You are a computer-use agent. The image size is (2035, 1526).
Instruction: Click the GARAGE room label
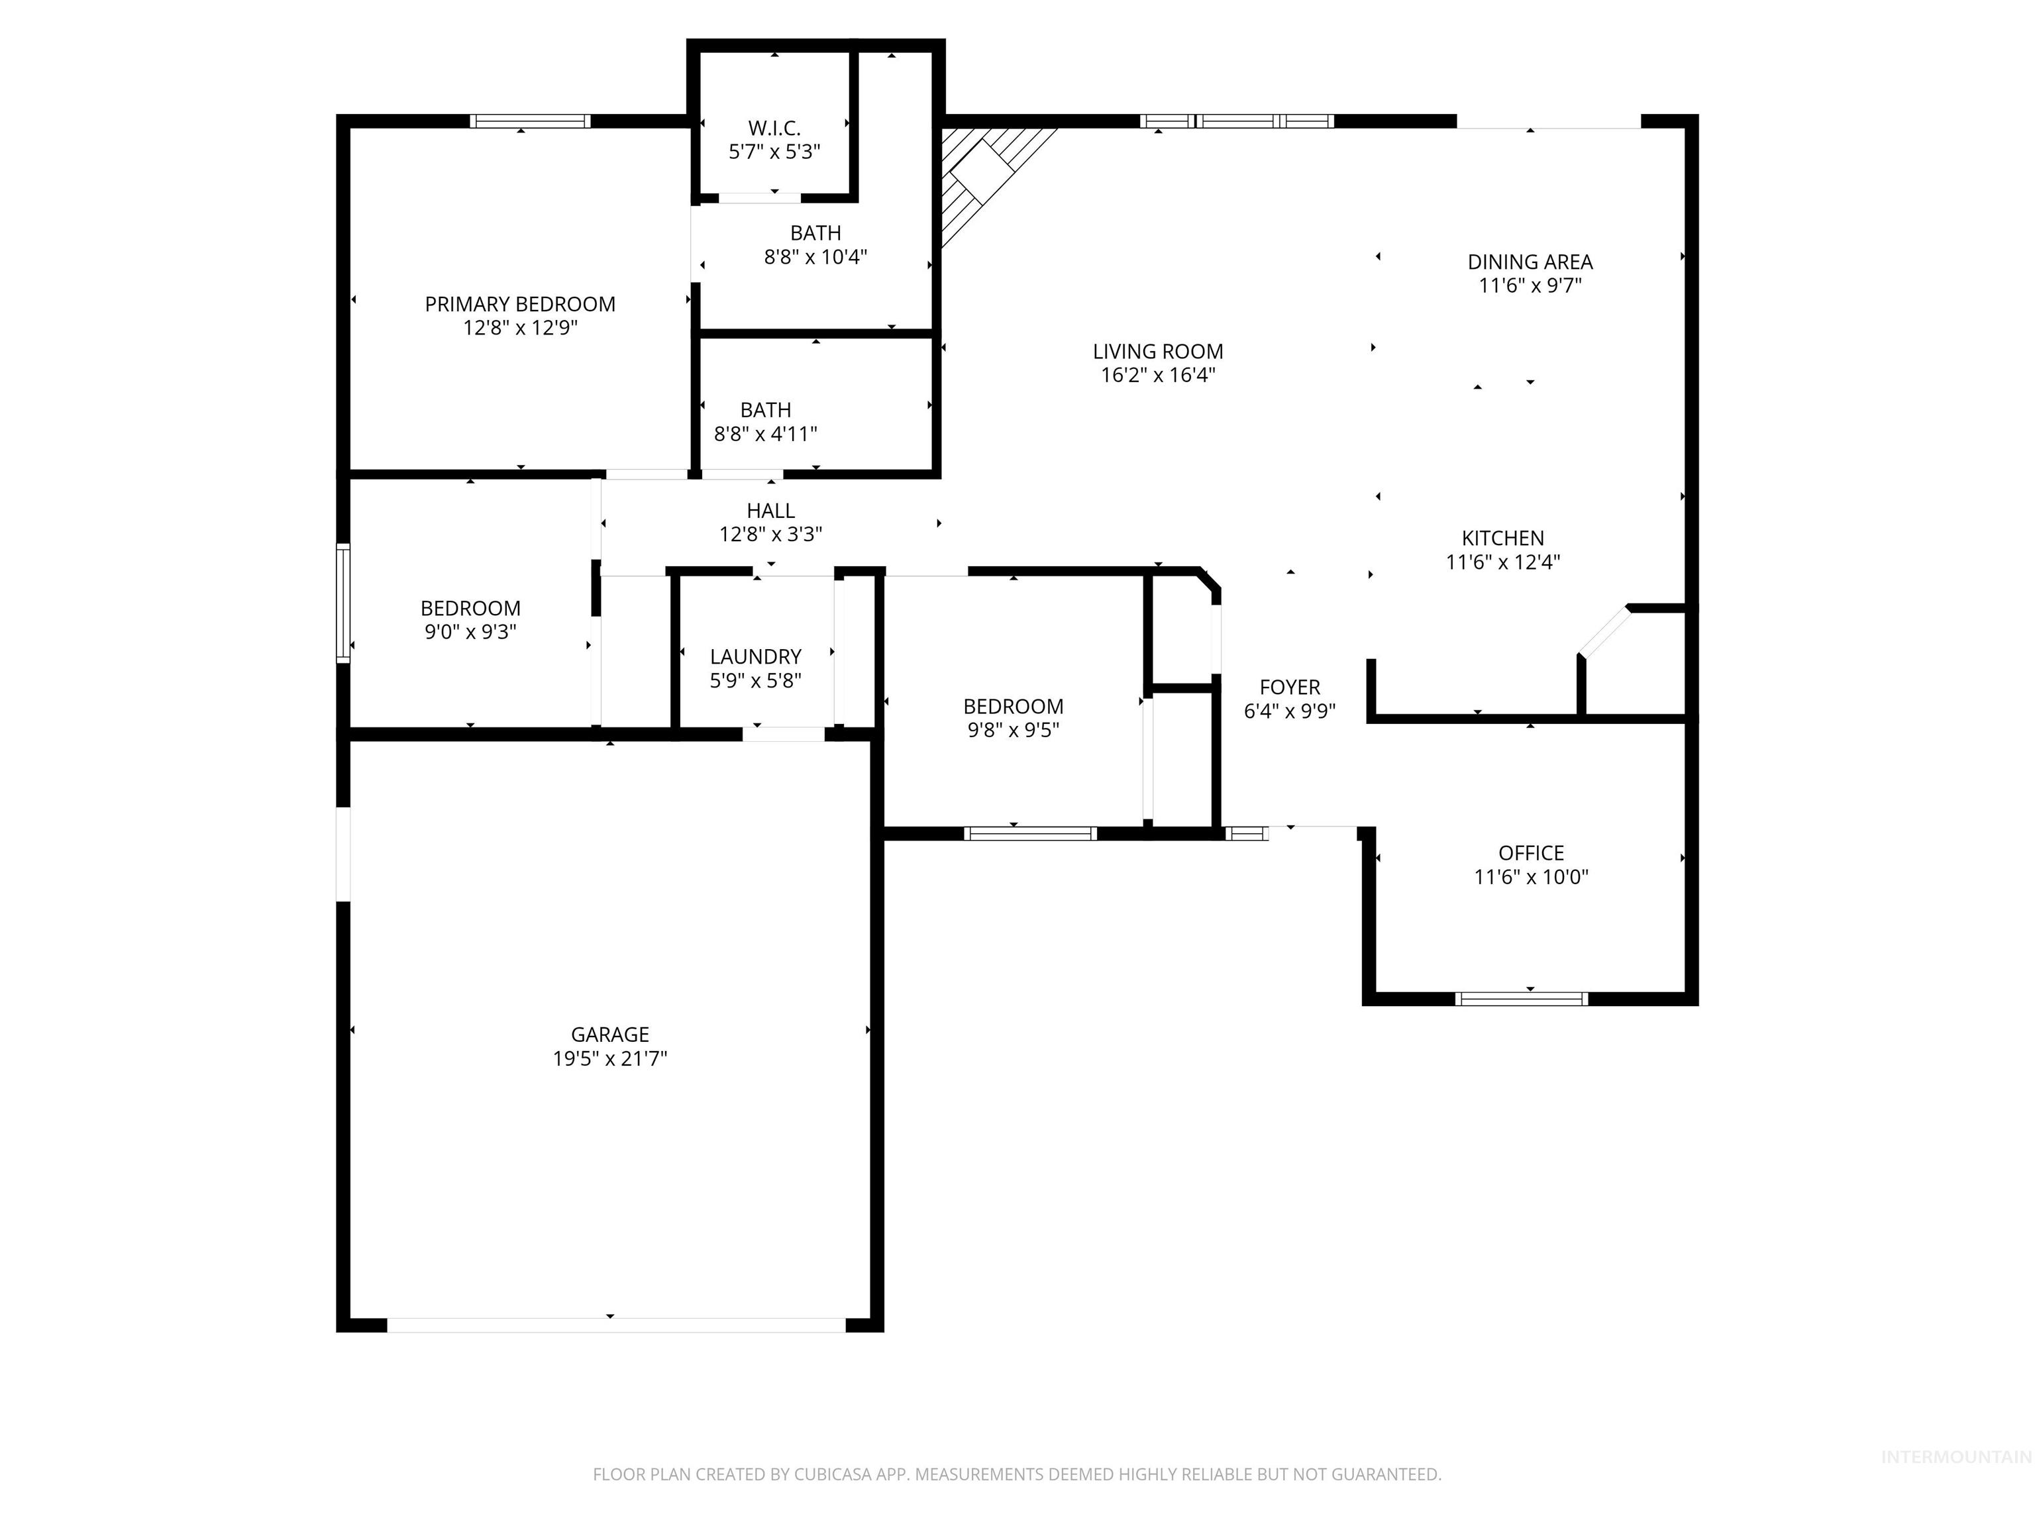point(610,1034)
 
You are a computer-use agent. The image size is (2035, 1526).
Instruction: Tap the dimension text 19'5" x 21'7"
point(610,1058)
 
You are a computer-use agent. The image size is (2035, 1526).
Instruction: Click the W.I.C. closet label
point(774,128)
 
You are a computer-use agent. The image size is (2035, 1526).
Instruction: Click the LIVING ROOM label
point(1157,352)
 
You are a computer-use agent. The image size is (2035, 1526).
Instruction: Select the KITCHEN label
point(1502,538)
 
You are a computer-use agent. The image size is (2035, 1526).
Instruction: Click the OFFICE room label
point(1531,852)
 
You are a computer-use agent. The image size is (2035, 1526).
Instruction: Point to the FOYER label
point(1289,687)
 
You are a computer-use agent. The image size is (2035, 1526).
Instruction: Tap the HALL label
point(770,511)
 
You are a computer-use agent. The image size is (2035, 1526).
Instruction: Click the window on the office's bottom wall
point(1522,999)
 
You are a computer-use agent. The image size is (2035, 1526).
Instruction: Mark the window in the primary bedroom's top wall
point(530,121)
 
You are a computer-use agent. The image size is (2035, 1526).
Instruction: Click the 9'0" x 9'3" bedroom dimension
point(470,632)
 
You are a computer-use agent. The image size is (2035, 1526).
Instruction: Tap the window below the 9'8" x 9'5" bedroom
point(1030,833)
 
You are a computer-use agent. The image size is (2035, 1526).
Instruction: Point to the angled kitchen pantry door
point(1604,634)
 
